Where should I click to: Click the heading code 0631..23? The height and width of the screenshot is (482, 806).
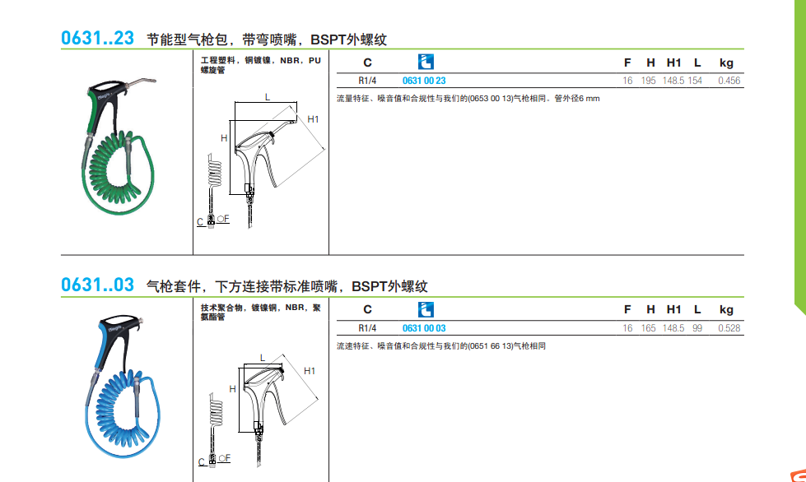97,38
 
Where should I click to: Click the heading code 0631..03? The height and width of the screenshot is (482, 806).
97,285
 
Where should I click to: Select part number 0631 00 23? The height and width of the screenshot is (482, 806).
424,81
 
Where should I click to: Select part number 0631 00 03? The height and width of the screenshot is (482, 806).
424,328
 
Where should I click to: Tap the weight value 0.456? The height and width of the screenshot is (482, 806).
729,81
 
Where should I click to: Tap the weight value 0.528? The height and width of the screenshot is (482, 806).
729,328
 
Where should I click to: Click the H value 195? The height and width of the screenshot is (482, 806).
649,81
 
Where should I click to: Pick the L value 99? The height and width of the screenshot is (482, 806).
697,328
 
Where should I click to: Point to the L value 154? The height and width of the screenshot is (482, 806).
695,81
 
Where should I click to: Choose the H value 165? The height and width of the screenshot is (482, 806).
649,328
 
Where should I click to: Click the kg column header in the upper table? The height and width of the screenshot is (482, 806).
726,63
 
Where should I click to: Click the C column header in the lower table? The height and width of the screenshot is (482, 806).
367,309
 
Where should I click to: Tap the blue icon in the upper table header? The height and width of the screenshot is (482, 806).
426,63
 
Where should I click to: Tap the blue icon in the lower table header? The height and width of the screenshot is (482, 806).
426,309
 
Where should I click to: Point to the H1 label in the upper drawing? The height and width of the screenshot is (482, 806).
313,119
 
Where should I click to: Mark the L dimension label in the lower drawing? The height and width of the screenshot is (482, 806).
262,358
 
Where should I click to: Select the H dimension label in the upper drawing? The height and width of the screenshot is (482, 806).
224,138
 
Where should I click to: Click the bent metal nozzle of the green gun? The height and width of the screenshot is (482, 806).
142,81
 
